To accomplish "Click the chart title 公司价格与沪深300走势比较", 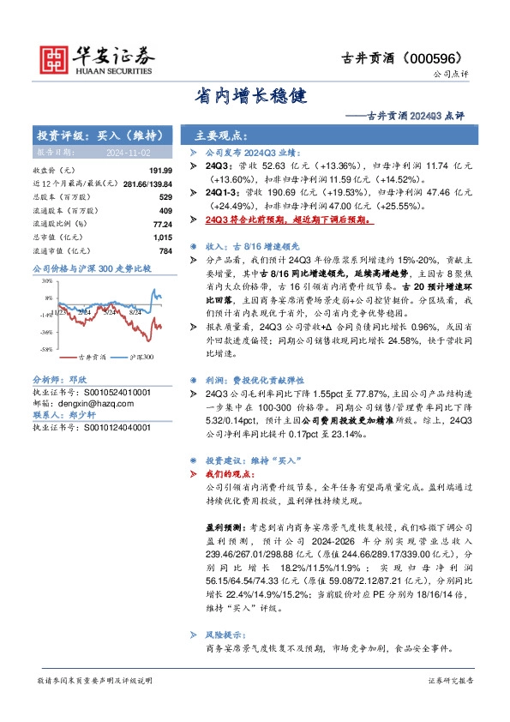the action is point(91,268).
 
